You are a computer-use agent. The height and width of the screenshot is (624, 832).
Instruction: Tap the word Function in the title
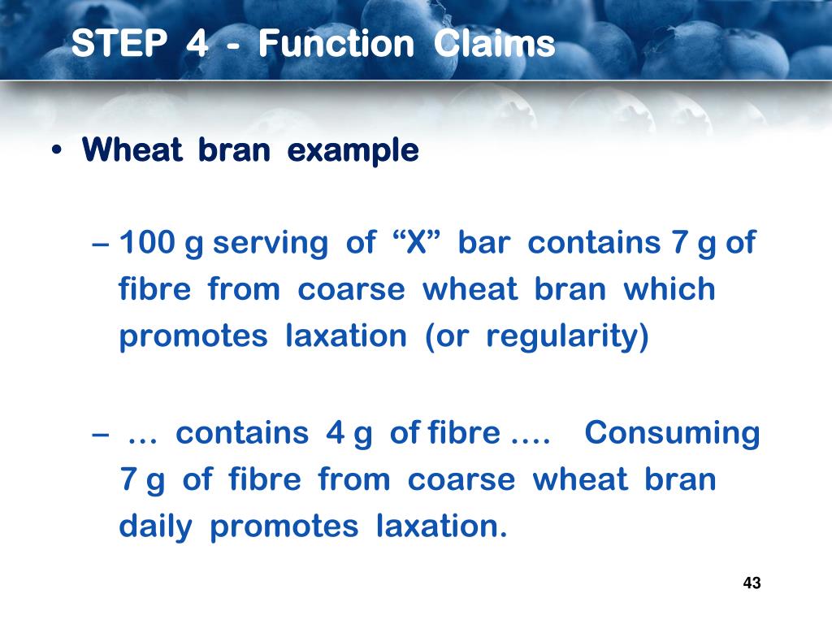[x=336, y=44]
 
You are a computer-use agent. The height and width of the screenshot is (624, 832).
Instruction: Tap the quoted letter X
[x=416, y=243]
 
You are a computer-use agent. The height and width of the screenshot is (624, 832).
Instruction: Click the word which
[x=669, y=290]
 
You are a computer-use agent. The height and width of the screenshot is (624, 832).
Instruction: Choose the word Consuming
[x=672, y=433]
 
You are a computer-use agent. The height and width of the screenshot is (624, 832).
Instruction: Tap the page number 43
[x=752, y=583]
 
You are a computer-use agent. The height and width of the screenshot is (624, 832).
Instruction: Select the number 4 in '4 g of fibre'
[x=335, y=433]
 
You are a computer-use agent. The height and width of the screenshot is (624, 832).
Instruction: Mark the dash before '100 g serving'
[x=103, y=244]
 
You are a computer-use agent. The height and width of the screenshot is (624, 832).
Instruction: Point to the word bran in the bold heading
[x=234, y=151]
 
